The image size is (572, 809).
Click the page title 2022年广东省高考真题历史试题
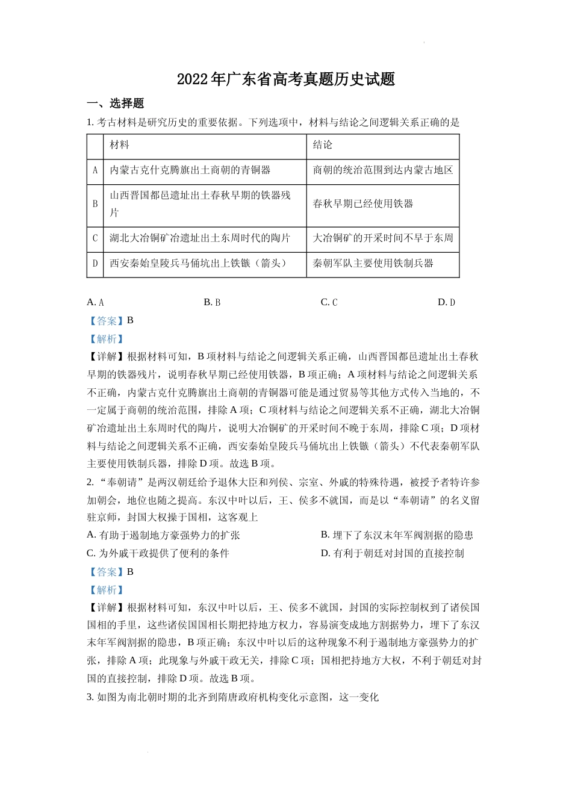coord(285,79)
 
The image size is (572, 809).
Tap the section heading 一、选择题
coord(115,104)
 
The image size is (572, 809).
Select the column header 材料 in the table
coord(119,145)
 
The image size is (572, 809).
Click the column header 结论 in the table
coord(322,145)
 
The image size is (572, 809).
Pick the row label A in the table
coord(95,171)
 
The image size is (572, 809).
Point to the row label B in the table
coord(95,204)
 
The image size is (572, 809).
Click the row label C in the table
coord(95,238)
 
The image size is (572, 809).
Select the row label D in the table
coord(95,264)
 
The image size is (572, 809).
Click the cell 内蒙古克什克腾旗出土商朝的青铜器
coord(190,171)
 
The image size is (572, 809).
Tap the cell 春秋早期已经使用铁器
coord(362,204)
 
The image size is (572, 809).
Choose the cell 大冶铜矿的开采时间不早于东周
coord(382,238)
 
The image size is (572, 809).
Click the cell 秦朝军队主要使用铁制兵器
coord(373,264)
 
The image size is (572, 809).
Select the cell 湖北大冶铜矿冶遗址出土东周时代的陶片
coord(199,238)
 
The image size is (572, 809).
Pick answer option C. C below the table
coord(329,302)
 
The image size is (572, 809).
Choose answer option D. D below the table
coord(446,302)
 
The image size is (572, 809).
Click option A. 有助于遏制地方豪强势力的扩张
coord(163,535)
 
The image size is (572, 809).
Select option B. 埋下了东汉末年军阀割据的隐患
coord(397,535)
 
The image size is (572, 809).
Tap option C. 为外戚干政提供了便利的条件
coord(158,553)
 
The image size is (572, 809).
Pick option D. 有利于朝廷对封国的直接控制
coord(392,553)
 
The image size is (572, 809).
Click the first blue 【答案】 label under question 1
coord(106,321)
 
